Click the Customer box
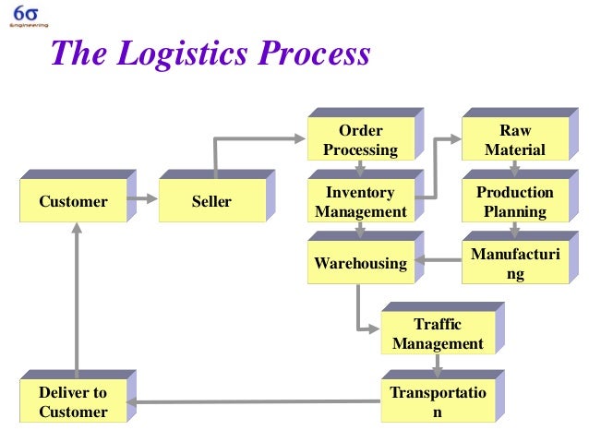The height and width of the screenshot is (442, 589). pyautogui.click(x=74, y=201)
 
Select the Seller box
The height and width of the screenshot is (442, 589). pyautogui.click(x=211, y=201)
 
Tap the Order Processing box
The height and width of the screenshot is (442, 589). pyautogui.click(x=360, y=140)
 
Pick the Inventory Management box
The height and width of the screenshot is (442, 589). pyautogui.click(x=360, y=201)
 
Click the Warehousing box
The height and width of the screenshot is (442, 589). pyautogui.click(x=360, y=264)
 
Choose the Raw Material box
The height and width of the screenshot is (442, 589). pyautogui.click(x=514, y=140)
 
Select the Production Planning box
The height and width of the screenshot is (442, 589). pyautogui.click(x=514, y=201)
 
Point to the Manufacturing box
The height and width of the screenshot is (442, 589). pyautogui.click(x=514, y=264)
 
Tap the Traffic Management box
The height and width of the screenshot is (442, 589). pyautogui.click(x=437, y=334)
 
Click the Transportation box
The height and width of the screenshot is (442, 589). pyautogui.click(x=437, y=402)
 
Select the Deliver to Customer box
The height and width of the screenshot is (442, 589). pyautogui.click(x=74, y=402)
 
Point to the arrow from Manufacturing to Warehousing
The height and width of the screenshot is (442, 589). pyautogui.click(x=438, y=260)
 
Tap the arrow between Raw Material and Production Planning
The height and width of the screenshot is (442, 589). pyautogui.click(x=515, y=168)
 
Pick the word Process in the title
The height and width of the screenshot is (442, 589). pyautogui.click(x=314, y=54)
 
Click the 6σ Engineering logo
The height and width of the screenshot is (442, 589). pyautogui.click(x=25, y=17)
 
